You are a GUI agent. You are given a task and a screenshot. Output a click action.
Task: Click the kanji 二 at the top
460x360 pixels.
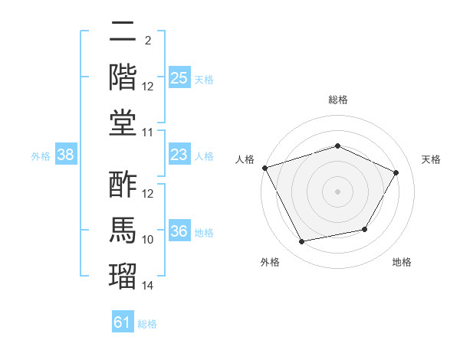pyautogui.click(x=123, y=31)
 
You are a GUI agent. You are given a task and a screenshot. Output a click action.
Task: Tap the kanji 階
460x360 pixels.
pyautogui.click(x=123, y=77)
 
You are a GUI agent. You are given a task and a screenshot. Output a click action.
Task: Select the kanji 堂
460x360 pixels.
pyautogui.click(x=123, y=123)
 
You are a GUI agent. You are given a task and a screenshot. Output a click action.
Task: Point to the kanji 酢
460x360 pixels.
pyautogui.click(x=123, y=184)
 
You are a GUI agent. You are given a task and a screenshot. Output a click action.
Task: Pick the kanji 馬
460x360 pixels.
pyautogui.click(x=123, y=230)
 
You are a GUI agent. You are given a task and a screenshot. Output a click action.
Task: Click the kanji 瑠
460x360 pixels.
pyautogui.click(x=123, y=277)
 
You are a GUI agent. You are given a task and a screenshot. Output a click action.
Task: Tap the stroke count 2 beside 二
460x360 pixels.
pyautogui.click(x=148, y=41)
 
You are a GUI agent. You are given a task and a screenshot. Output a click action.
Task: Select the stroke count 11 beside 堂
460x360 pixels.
pyautogui.click(x=147, y=133)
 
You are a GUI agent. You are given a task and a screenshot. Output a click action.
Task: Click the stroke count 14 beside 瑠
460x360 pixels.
pyautogui.click(x=147, y=286)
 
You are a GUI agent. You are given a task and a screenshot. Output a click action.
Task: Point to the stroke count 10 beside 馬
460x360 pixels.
pyautogui.click(x=147, y=240)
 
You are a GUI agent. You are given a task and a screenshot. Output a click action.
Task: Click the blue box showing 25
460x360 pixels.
pyautogui.click(x=179, y=77)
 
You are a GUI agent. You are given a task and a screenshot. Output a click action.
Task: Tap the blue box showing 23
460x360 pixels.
pyautogui.click(x=179, y=154)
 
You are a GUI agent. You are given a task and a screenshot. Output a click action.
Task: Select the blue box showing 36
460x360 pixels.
pyautogui.click(x=179, y=230)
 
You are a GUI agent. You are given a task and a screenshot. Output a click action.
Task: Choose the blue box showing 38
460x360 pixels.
pyautogui.click(x=66, y=154)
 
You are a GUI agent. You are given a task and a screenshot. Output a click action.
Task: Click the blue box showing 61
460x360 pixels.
pyautogui.click(x=123, y=321)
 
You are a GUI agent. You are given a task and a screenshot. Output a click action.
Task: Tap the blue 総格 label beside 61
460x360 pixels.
pyautogui.click(x=147, y=324)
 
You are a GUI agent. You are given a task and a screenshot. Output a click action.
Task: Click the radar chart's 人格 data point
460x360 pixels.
pyautogui.click(x=265, y=168)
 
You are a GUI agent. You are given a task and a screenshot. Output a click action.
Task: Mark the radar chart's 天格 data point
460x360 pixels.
pyautogui.click(x=396, y=172)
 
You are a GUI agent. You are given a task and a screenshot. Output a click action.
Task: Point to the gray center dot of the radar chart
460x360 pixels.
pyautogui.click(x=337, y=191)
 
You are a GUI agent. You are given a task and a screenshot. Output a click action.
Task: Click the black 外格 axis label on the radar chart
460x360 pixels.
pyautogui.click(x=270, y=262)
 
